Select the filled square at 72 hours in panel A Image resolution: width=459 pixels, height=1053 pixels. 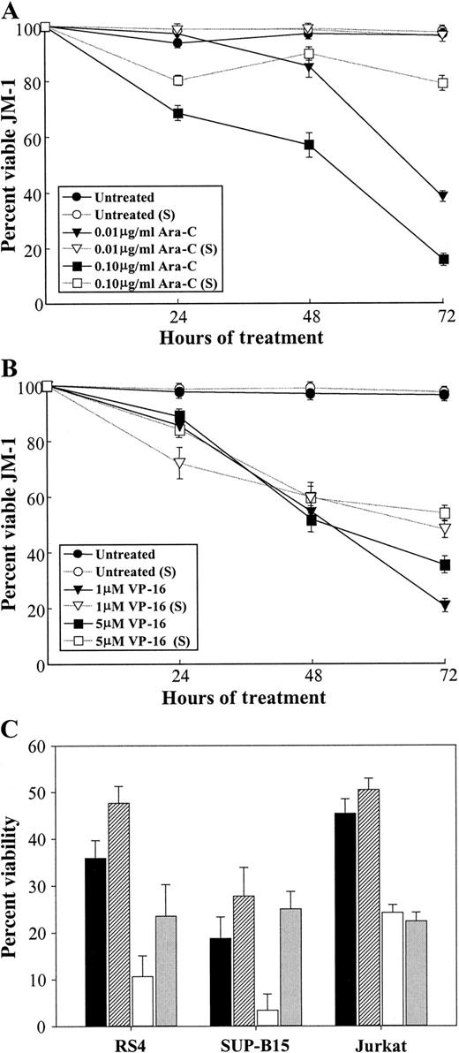443,259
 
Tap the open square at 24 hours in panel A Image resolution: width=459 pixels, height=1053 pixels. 179,80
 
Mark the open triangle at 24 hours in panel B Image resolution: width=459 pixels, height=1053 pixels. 180,462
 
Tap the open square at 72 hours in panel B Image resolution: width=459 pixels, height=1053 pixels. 445,513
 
